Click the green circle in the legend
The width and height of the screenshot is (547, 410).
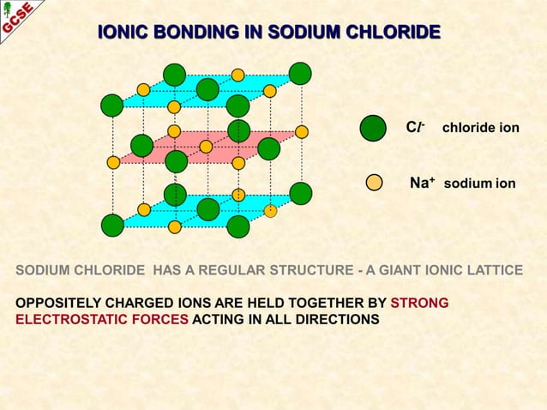(x=373, y=128)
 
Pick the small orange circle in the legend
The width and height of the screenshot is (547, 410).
(x=374, y=182)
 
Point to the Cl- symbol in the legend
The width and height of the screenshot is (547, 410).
(x=415, y=127)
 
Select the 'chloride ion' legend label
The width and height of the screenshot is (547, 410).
(x=480, y=128)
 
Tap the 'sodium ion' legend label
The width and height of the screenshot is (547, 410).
(x=479, y=184)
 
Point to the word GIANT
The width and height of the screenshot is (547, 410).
(x=393, y=270)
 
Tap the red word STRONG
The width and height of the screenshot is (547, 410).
(x=419, y=303)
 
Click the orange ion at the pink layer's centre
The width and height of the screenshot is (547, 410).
(x=206, y=147)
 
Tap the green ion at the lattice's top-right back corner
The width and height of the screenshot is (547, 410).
(x=300, y=74)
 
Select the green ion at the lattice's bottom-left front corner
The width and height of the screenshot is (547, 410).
(x=112, y=226)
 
